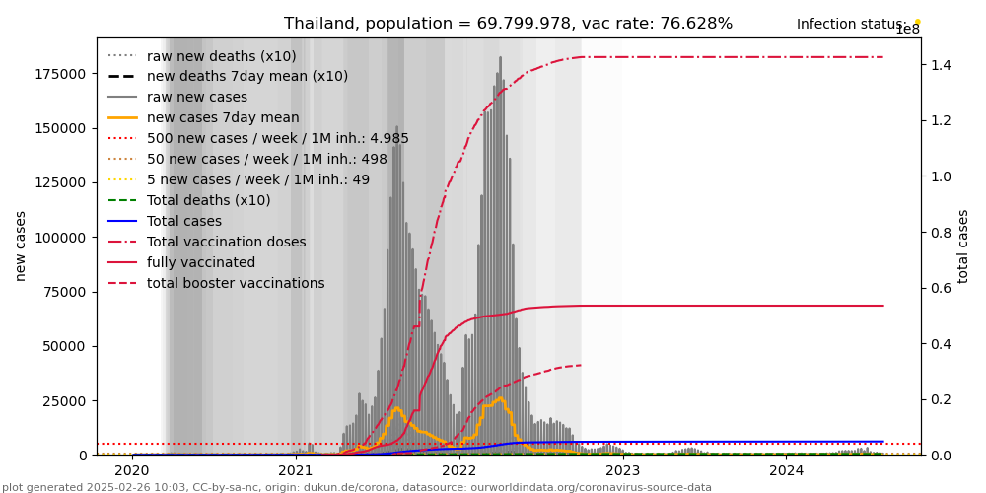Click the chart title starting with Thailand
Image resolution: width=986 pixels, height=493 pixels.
click(x=508, y=24)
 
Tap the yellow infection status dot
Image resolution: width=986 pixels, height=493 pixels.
click(x=917, y=22)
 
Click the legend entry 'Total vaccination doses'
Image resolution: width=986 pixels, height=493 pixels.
click(x=226, y=242)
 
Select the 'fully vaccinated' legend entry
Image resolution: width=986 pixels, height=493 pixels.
click(x=201, y=262)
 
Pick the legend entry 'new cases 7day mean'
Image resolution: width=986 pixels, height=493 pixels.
click(x=209, y=117)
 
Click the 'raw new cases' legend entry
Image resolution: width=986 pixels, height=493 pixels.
click(x=197, y=97)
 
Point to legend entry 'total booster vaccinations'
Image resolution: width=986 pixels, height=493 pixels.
click(x=236, y=283)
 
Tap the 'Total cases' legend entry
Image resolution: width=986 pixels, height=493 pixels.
click(x=188, y=221)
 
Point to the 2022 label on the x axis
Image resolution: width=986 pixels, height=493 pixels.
click(x=459, y=471)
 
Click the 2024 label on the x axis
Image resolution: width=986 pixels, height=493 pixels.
click(x=786, y=471)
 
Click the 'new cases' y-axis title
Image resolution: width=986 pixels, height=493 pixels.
click(x=21, y=246)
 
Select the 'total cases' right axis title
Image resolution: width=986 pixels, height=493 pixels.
click(x=964, y=246)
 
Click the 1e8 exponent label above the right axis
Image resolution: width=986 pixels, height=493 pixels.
click(x=907, y=30)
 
